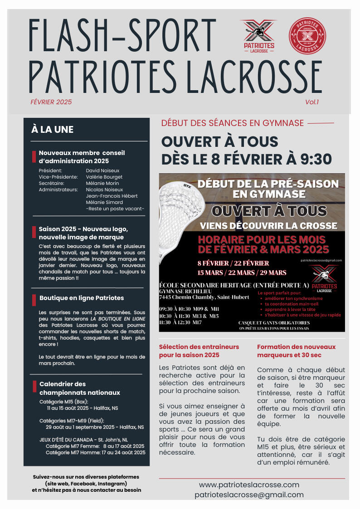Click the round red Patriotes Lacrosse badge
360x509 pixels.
[307, 35]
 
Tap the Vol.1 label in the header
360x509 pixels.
[311, 102]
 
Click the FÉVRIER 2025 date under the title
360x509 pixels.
[51, 102]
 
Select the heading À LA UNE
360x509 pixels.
[52, 130]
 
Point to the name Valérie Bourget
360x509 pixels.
[104, 177]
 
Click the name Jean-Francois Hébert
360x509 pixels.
[112, 196]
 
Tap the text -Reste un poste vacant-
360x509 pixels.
[115, 208]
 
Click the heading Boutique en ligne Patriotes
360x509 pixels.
[82, 298]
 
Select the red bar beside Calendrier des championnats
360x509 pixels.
[34, 387]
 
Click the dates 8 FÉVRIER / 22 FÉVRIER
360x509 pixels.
[233, 263]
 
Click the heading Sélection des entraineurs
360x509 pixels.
[199, 351]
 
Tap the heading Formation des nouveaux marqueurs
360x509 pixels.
[296, 351]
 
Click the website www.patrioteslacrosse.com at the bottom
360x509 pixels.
[249, 485]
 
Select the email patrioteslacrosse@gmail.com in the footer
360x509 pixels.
[249, 494]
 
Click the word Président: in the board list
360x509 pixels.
[50, 170]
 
